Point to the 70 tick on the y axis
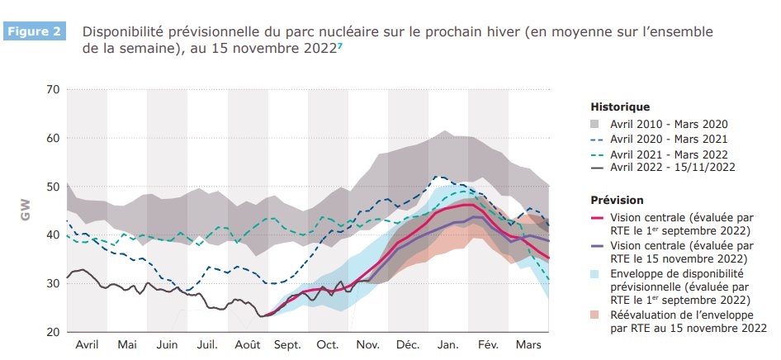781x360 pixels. pos(51,89)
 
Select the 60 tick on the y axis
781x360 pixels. pos(51,138)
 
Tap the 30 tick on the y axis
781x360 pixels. pos(51,283)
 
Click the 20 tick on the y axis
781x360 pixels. pos(51,332)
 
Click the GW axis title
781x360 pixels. pos(25,211)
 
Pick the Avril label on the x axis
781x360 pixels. pos(87,345)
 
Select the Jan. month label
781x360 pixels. pos(448,345)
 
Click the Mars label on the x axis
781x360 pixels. pos(528,345)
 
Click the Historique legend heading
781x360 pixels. pos(620,107)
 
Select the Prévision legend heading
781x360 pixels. pos(618,200)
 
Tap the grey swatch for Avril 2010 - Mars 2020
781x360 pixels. pos(598,123)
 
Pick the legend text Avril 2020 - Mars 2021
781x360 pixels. pos(669,138)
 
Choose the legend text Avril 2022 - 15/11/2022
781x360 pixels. pos(673,168)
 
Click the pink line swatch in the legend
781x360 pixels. pos(598,217)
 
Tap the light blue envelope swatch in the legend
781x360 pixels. pos(598,273)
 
